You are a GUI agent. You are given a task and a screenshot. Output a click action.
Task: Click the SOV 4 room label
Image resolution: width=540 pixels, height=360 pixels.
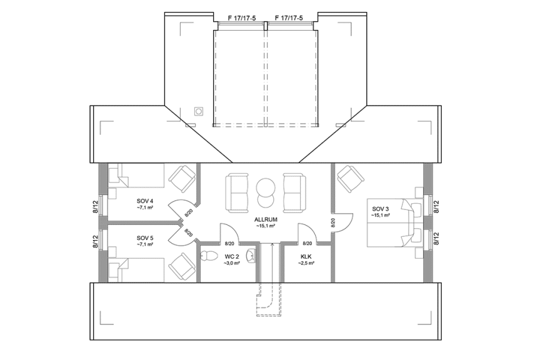pos(145,201)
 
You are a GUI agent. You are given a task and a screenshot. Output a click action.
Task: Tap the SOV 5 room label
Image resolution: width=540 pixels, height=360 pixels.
pos(145,237)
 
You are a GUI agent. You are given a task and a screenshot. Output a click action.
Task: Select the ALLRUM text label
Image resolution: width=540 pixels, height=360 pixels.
pos(266,220)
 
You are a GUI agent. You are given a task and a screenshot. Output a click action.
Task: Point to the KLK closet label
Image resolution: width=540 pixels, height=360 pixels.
pos(306,256)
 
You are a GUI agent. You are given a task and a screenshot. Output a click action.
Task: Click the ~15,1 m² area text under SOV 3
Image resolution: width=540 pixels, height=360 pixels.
pos(381,215)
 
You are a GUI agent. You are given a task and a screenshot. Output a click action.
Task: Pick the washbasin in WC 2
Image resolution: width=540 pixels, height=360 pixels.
pos(251,255)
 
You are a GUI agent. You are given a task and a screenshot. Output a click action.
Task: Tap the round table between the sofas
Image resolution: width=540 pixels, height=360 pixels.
pos(266,191)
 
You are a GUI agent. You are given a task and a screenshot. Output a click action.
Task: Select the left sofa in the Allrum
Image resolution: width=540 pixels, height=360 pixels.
pos(237,191)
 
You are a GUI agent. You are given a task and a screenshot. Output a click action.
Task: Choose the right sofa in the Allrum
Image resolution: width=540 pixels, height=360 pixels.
pos(294,191)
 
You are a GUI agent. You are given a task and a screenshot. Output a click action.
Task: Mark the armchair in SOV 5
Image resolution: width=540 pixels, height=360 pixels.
pos(182,266)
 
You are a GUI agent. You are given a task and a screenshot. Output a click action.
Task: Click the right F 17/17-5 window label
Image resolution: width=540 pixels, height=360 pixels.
pos(288,18)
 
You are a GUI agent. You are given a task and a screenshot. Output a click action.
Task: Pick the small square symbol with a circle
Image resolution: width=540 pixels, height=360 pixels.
pos(199,111)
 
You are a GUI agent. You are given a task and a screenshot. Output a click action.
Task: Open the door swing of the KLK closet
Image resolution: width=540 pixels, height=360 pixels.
pos(309,231)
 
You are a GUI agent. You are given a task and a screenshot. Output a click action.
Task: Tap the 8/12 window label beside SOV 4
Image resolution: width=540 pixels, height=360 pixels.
pos(95,207)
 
